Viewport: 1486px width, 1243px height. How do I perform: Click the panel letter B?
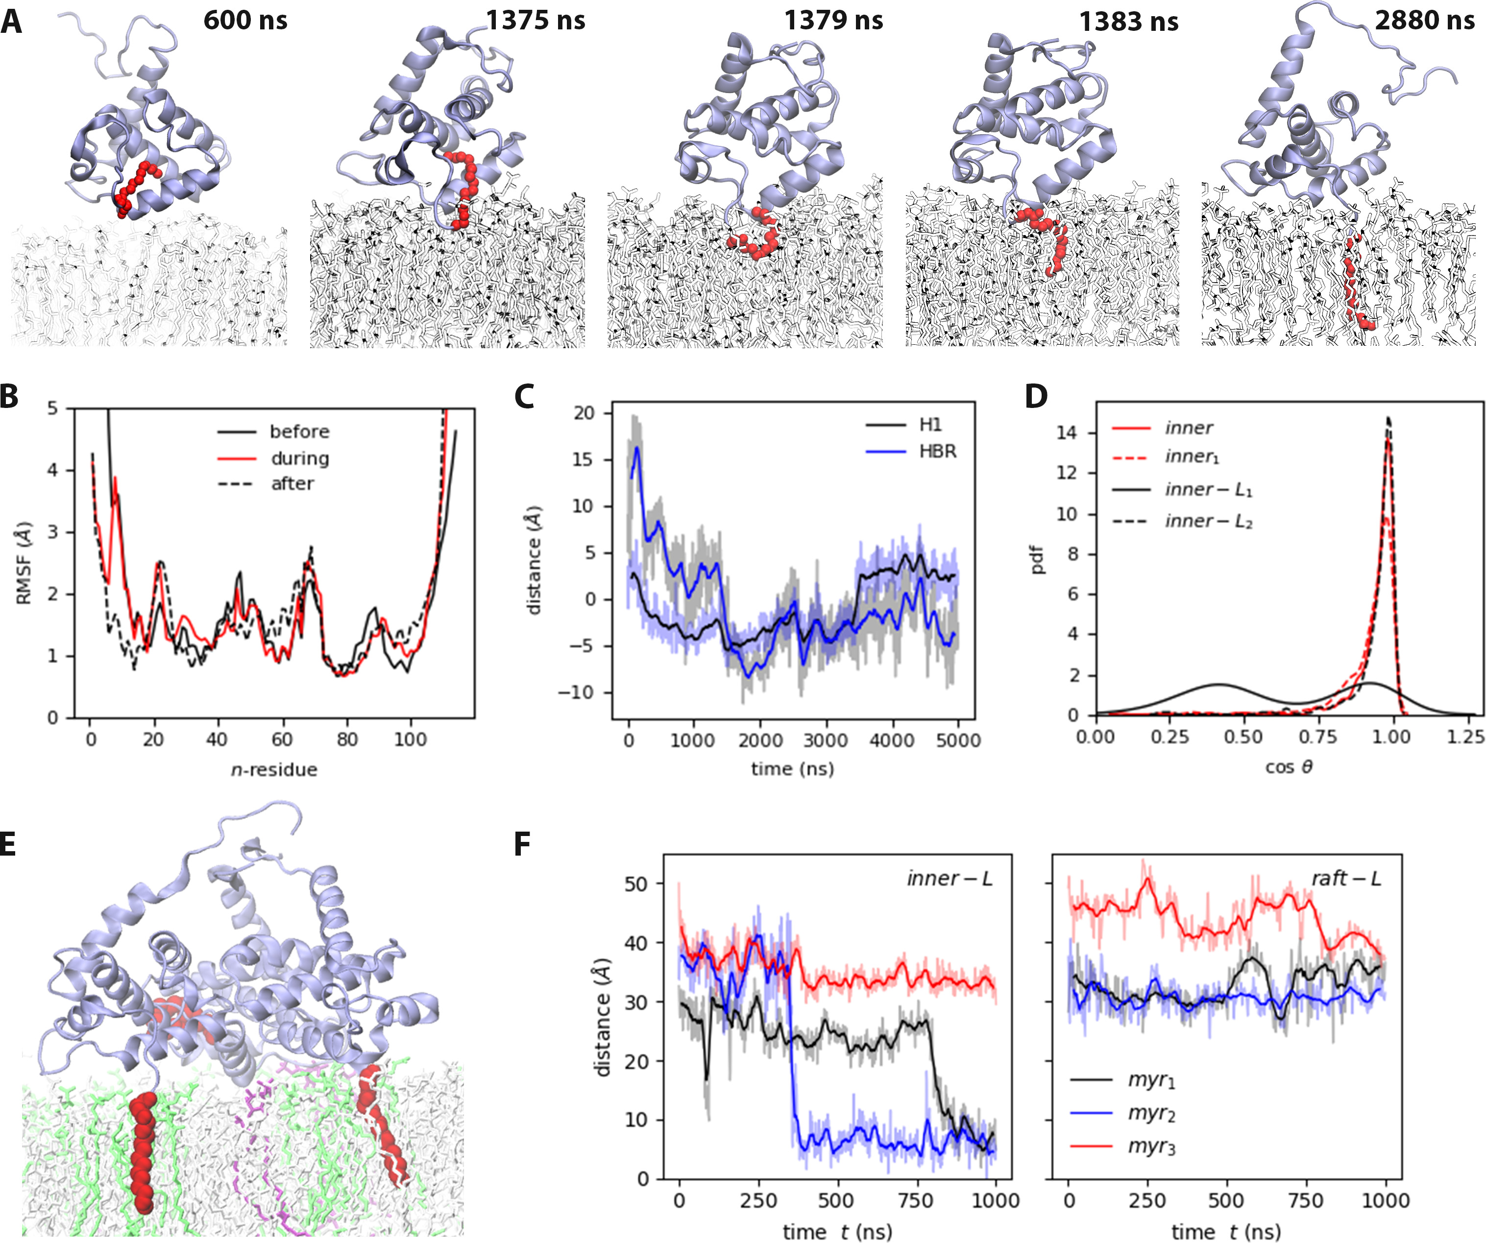[10, 396]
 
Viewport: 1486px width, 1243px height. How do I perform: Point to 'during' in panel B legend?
[299, 458]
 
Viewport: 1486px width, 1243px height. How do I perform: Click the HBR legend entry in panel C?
[938, 452]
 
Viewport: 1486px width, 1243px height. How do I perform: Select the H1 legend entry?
[930, 425]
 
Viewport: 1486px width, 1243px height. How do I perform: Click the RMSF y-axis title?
[25, 563]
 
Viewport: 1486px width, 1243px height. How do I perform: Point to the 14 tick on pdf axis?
[1067, 433]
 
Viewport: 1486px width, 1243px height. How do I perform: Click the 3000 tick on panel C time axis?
[826, 740]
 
